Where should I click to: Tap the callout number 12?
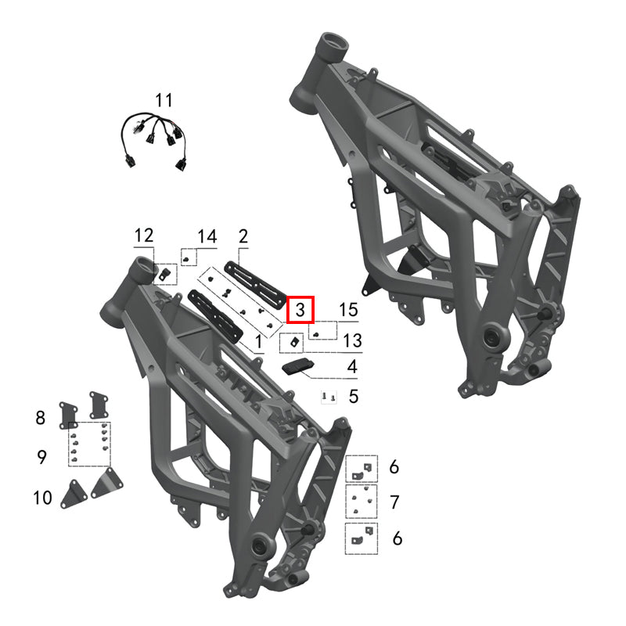pos(144,236)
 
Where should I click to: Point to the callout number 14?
pos(207,236)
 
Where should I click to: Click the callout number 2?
pos(243,236)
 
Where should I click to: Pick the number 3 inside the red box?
pos(300,310)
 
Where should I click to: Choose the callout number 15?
pos(347,310)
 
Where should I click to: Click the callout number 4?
pos(352,366)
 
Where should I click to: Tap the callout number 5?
pos(354,397)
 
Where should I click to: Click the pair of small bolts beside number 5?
pos(329,398)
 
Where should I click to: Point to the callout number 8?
pos(40,417)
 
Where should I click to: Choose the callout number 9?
pos(42,457)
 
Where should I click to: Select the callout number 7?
pos(394,501)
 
